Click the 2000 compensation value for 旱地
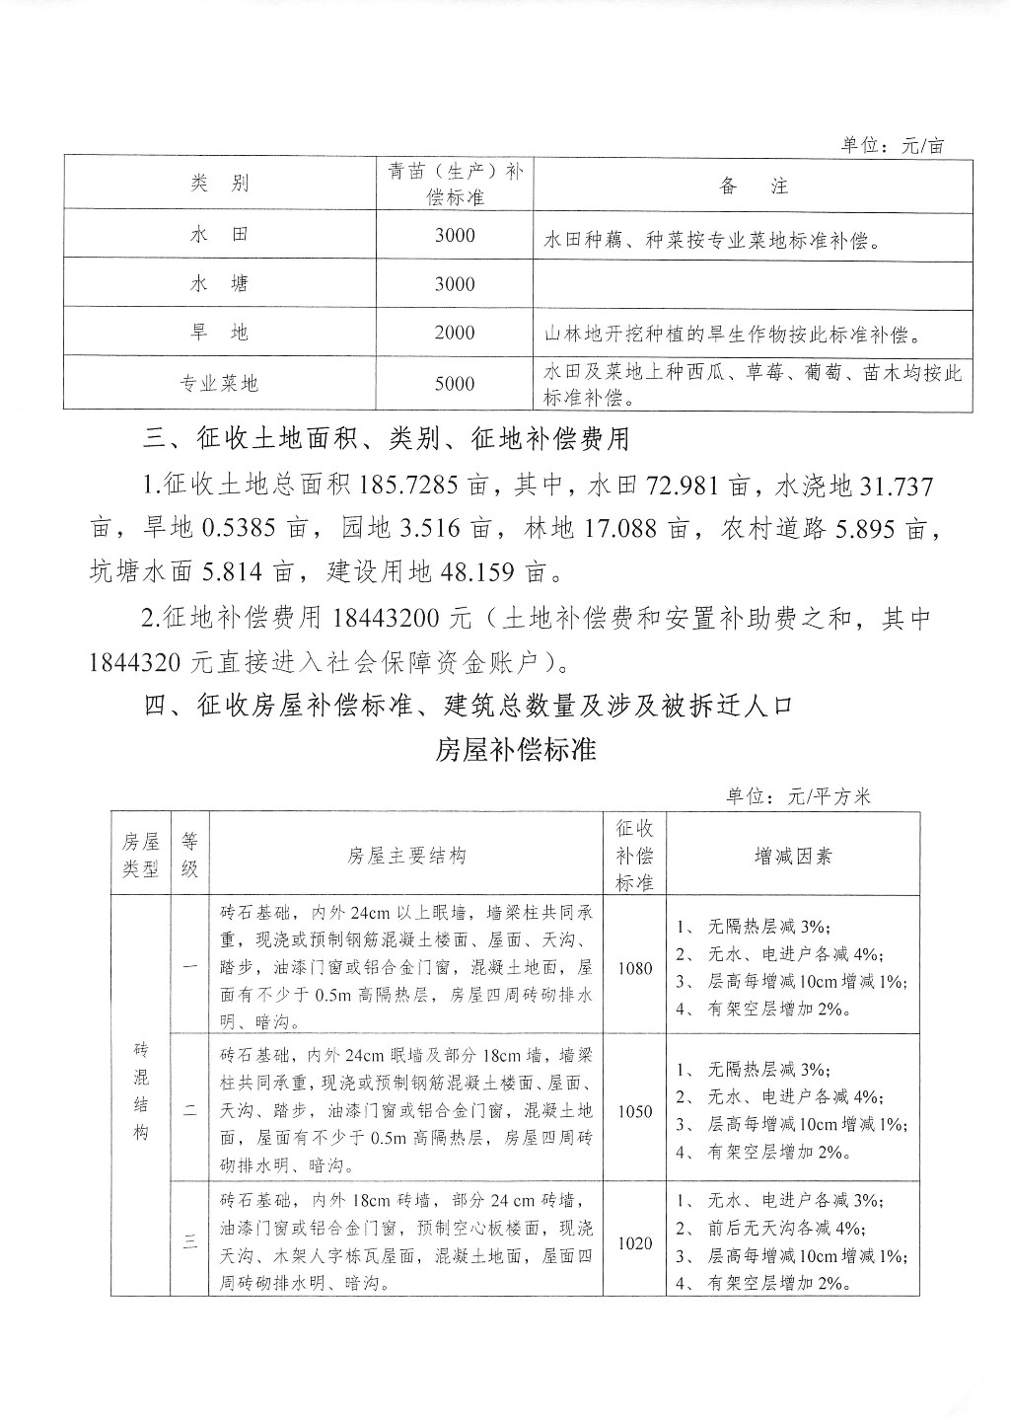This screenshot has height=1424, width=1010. [x=454, y=333]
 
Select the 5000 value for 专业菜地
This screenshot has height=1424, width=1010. [x=454, y=384]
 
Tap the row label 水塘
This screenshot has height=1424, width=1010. [x=219, y=284]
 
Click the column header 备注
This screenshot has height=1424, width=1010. [x=754, y=185]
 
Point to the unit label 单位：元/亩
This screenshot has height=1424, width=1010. [x=892, y=146]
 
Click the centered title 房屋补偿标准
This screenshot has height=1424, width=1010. [x=516, y=750]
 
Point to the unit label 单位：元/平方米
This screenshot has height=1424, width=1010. [x=798, y=796]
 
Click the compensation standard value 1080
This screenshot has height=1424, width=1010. [x=634, y=968]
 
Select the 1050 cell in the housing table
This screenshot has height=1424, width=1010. [x=634, y=1111]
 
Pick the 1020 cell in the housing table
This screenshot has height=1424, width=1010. [x=634, y=1243]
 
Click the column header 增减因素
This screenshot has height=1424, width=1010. [x=792, y=856]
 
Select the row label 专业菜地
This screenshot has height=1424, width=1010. [x=219, y=384]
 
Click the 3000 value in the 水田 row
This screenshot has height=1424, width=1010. [x=454, y=235]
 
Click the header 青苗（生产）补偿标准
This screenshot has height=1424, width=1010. [x=454, y=184]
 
